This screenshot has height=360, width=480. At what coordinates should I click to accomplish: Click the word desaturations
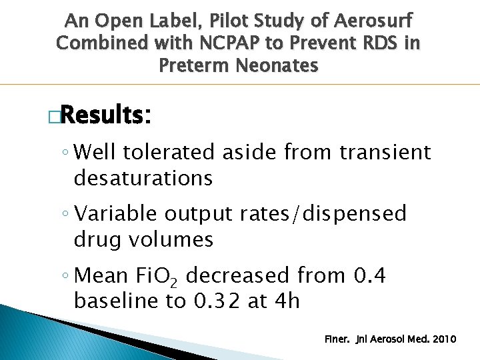pyautogui.click(x=143, y=178)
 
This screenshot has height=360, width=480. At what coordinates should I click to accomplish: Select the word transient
pyautogui.click(x=385, y=153)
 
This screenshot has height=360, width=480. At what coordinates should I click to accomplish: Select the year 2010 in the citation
pyautogui.click(x=444, y=339)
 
